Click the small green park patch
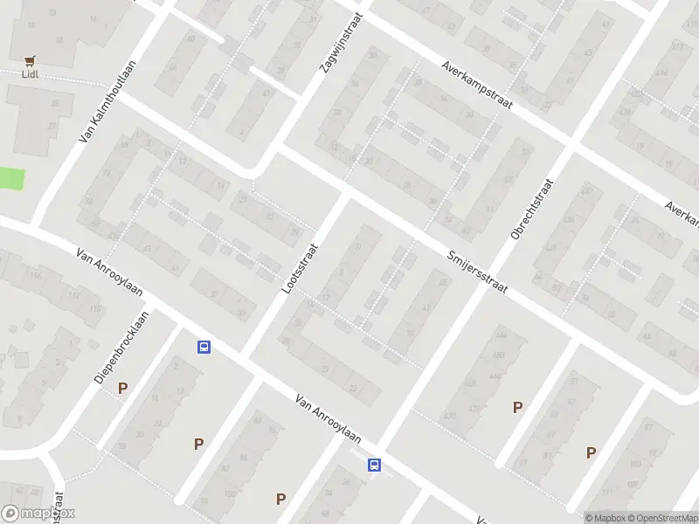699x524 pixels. pyautogui.click(x=10, y=179)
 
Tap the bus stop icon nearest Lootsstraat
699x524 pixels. pyautogui.click(x=204, y=348)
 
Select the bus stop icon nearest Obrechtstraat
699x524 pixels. pyautogui.click(x=374, y=465)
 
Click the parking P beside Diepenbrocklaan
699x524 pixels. pyautogui.click(x=122, y=388)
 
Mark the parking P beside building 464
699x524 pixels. pyautogui.click(x=518, y=407)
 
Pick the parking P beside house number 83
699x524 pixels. pyautogui.click(x=592, y=452)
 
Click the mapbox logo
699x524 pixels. pyautogui.click(x=39, y=514)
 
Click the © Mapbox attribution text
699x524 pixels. pyautogui.click(x=607, y=518)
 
